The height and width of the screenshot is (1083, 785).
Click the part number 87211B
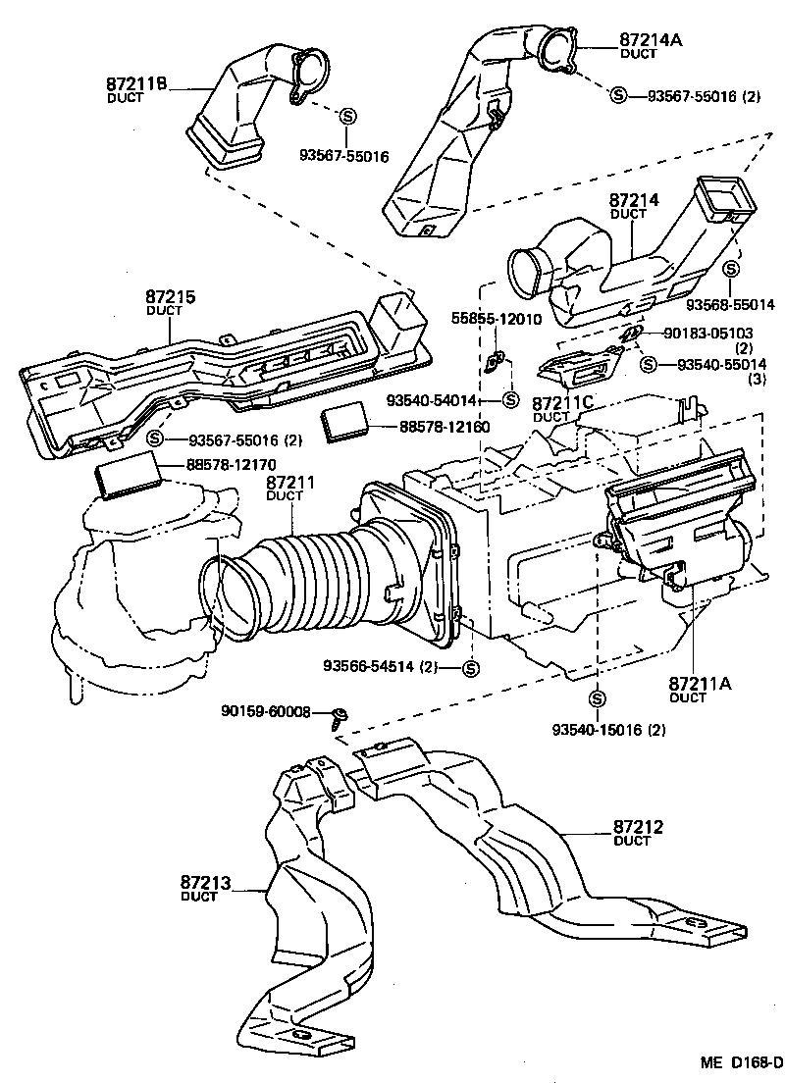pyautogui.click(x=137, y=87)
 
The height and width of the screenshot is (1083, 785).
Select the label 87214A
pyautogui.click(x=651, y=40)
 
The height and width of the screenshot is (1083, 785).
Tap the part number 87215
pyautogui.click(x=171, y=297)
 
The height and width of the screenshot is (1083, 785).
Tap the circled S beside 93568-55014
pyautogui.click(x=731, y=268)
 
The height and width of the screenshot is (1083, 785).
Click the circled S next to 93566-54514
pyautogui.click(x=469, y=668)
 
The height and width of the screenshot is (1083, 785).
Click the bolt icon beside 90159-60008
pyautogui.click(x=339, y=713)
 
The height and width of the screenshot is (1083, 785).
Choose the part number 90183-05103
pyautogui.click(x=709, y=334)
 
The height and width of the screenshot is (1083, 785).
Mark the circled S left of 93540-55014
pyautogui.click(x=649, y=364)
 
